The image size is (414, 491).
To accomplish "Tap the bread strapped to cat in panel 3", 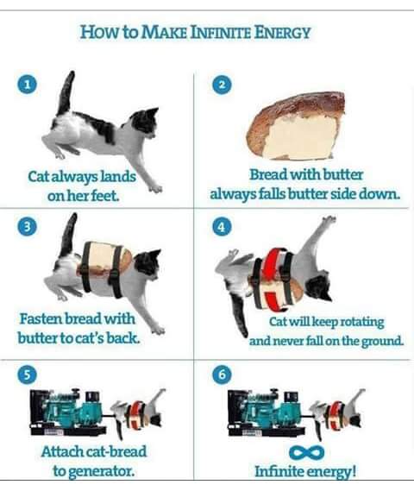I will [108, 258].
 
